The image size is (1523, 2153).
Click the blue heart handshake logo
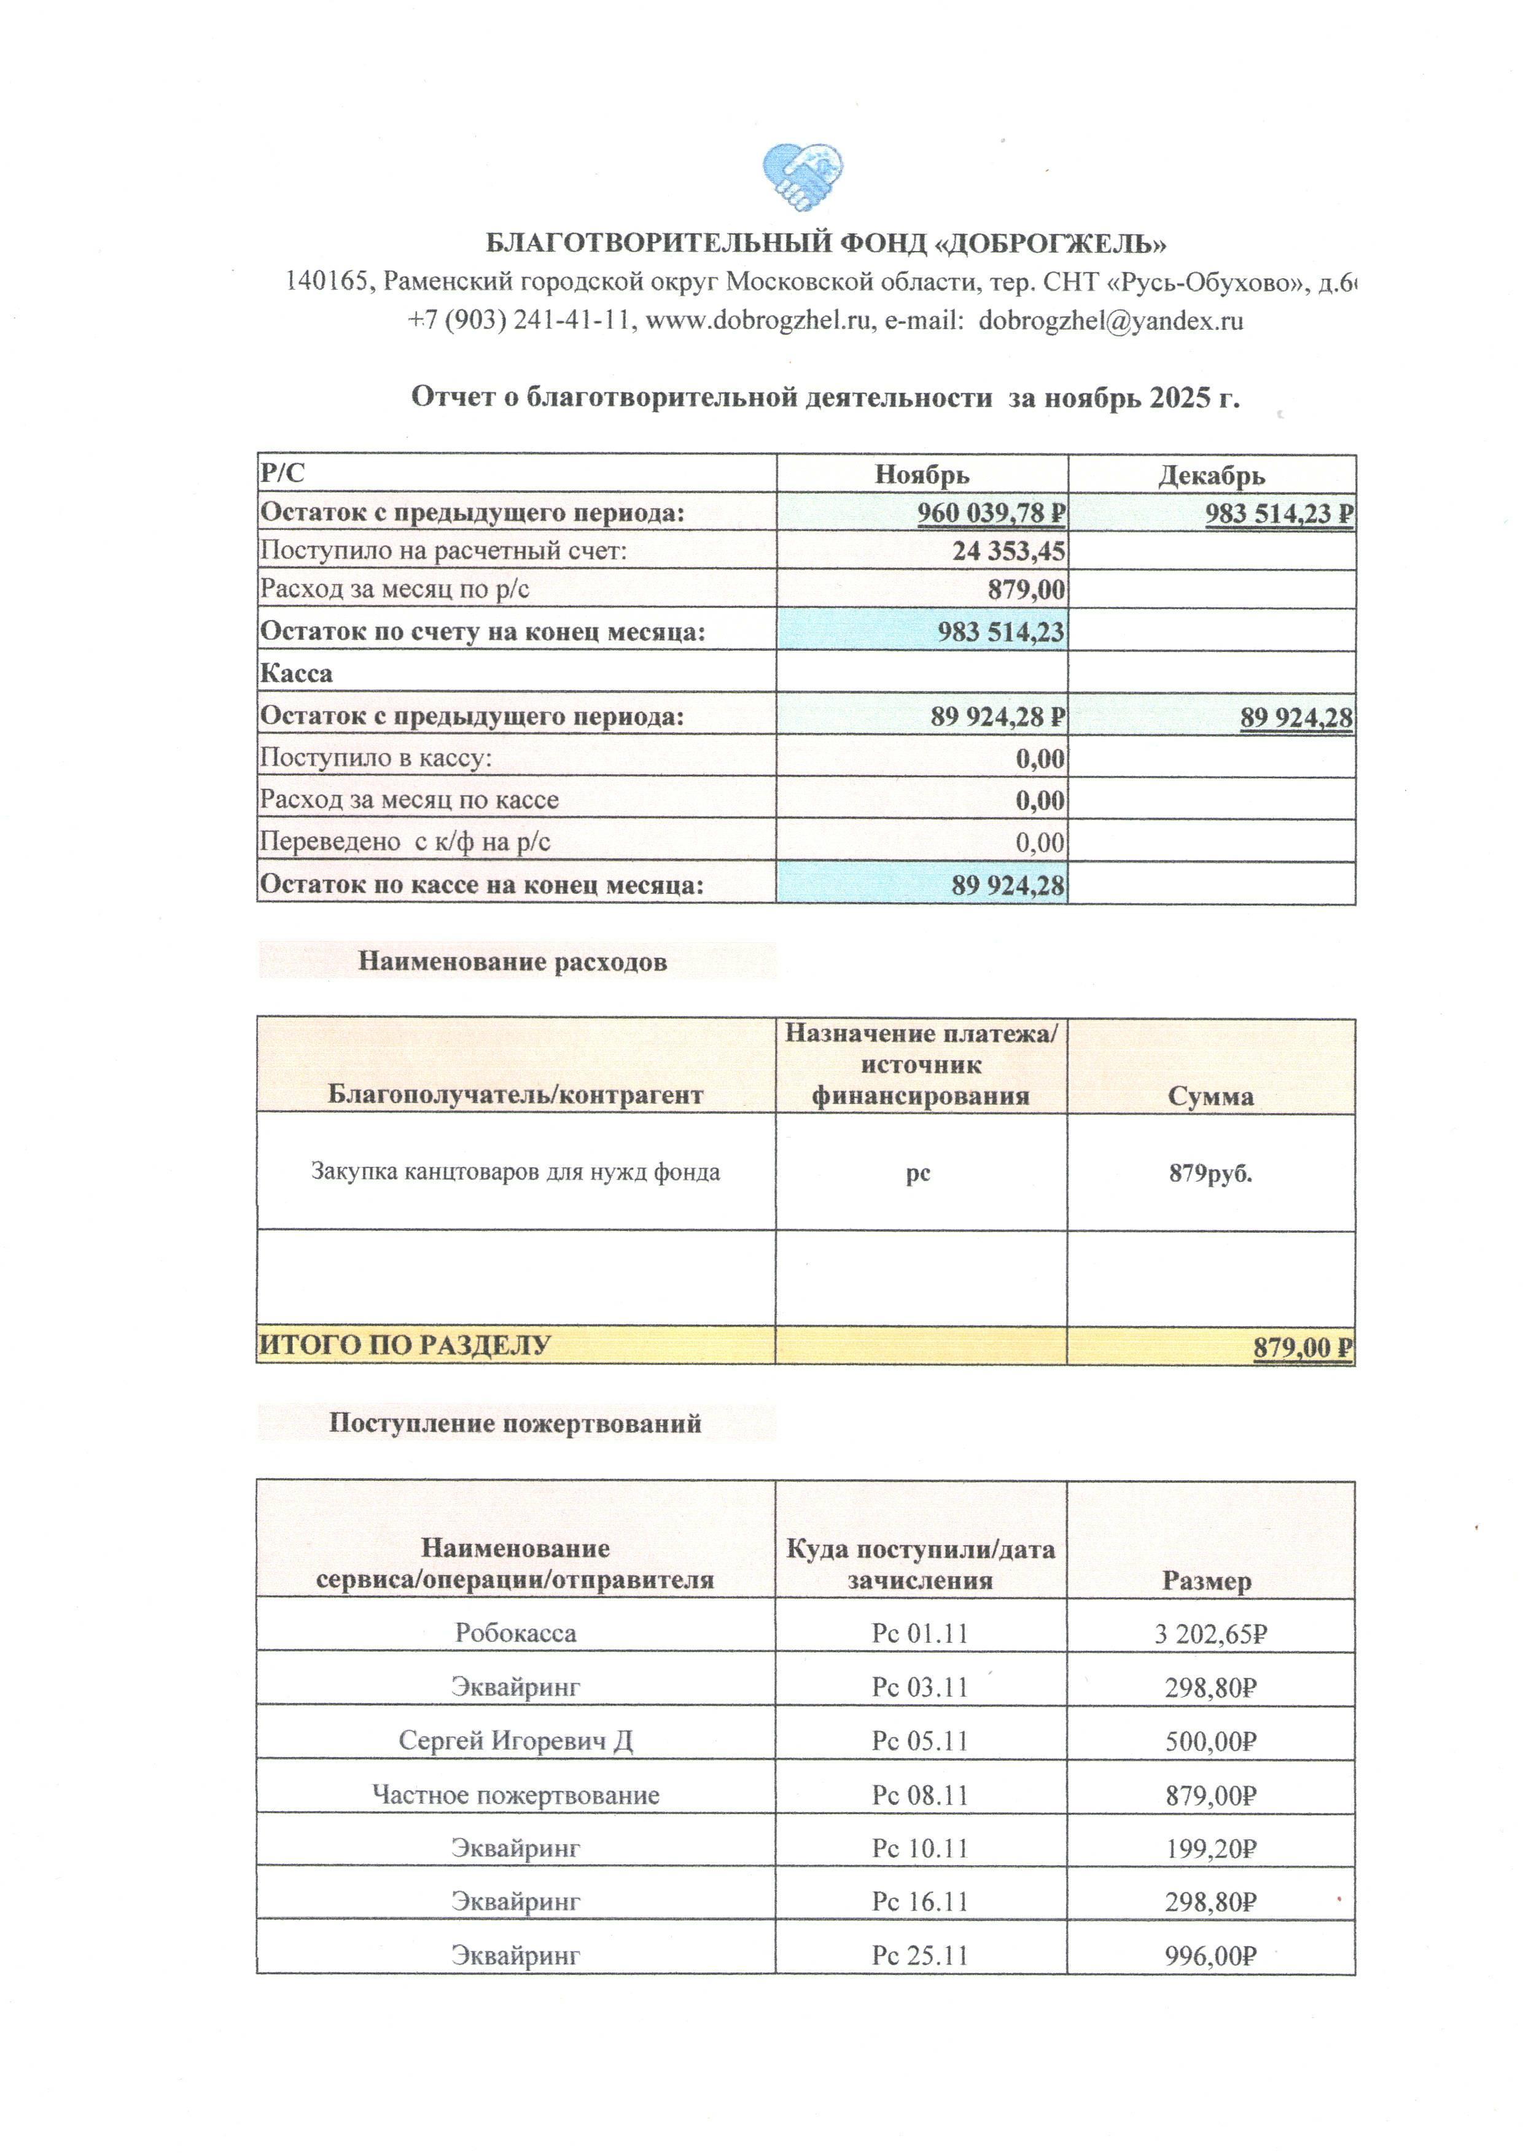click(803, 176)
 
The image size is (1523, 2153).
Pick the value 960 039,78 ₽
click(991, 514)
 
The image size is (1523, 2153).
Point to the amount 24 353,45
click(1008, 551)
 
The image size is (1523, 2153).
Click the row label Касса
click(297, 673)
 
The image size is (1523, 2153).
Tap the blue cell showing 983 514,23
click(1000, 631)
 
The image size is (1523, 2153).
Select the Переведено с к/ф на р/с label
click(405, 842)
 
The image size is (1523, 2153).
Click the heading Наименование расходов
click(512, 962)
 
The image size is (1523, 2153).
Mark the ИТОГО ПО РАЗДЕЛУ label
click(404, 1346)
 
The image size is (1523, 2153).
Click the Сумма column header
click(1210, 1096)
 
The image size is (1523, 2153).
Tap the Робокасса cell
click(516, 1632)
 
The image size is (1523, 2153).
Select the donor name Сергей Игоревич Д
click(516, 1740)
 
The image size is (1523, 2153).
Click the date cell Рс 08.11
click(919, 1795)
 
